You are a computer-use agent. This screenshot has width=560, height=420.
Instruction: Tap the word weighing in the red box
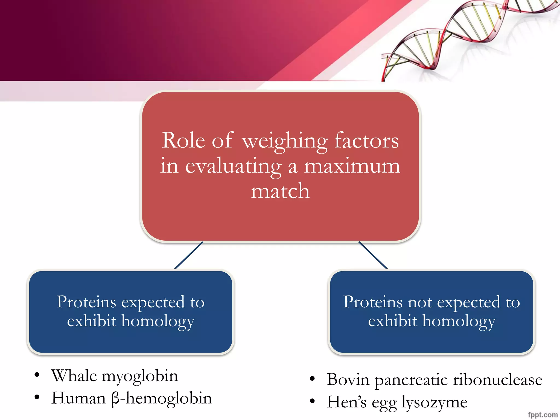[x=285, y=141]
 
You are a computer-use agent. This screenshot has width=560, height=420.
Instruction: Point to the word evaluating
[x=233, y=167]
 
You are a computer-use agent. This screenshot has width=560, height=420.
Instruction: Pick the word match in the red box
[x=280, y=191]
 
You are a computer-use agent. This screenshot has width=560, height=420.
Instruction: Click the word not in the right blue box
[x=420, y=302]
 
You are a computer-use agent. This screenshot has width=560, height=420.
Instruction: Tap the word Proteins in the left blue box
[x=86, y=302]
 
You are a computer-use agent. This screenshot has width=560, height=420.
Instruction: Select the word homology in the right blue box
[x=459, y=322]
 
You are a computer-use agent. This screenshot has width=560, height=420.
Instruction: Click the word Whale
[x=74, y=376]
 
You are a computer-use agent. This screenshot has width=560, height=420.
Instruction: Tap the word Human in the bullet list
[x=79, y=398]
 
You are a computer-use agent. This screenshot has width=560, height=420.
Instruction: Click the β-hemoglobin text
[x=162, y=399]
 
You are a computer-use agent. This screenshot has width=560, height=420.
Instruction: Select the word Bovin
[x=348, y=380]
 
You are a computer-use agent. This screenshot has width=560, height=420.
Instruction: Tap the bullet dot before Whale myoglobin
[x=37, y=375]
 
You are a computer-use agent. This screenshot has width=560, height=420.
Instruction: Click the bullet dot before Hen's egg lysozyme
[x=312, y=401]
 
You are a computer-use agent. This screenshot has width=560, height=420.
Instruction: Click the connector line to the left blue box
[x=189, y=255]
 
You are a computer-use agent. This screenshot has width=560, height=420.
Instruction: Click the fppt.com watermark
[x=542, y=415]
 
